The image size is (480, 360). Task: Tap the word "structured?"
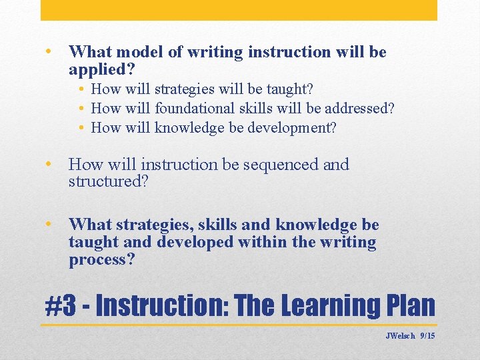[107, 181]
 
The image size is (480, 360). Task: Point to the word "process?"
[101, 259]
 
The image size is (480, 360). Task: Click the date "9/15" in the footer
[427, 336]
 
